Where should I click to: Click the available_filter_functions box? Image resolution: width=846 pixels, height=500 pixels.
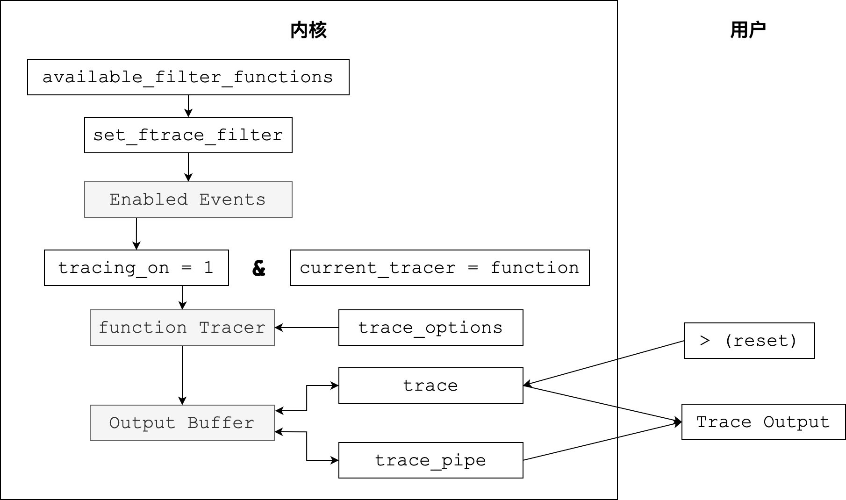(188, 77)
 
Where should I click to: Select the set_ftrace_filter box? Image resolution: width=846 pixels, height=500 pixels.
(188, 135)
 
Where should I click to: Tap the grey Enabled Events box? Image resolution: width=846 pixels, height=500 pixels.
(188, 200)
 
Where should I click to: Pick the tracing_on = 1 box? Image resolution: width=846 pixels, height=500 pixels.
(136, 268)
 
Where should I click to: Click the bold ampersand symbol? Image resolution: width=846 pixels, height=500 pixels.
(258, 268)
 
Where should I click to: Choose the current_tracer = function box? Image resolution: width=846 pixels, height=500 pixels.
(440, 268)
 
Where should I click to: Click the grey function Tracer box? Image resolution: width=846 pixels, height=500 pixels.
(182, 328)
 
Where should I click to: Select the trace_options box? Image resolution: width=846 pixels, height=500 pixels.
(431, 328)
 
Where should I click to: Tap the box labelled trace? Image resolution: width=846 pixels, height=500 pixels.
(431, 386)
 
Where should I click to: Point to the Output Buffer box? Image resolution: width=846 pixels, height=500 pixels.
(182, 423)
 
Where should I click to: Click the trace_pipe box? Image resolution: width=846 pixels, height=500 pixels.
(431, 460)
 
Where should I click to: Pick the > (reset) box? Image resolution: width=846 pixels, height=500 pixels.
(749, 341)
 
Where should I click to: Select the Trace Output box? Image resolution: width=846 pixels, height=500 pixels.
(764, 422)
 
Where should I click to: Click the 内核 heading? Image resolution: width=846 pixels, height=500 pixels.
(308, 30)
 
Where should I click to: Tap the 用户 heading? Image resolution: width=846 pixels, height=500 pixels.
(748, 30)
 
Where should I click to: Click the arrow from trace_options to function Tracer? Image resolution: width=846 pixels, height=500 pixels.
(307, 328)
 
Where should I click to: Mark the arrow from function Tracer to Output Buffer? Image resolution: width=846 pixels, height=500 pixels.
(182, 375)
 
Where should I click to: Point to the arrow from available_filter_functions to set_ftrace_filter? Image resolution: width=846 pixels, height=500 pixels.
(188, 106)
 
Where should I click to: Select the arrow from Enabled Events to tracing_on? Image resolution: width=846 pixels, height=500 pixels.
(136, 234)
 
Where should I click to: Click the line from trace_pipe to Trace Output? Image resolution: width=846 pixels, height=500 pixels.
(602, 441)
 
